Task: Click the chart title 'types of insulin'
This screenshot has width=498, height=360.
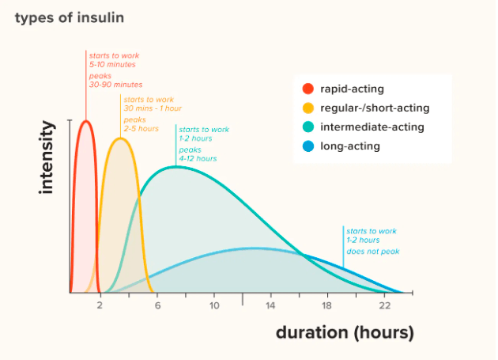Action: pyautogui.click(x=69, y=17)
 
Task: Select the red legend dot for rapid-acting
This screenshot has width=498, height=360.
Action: pyautogui.click(x=308, y=89)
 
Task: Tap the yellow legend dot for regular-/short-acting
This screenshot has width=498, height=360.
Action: pyautogui.click(x=308, y=108)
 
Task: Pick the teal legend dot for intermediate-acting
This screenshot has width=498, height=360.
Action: pyautogui.click(x=308, y=127)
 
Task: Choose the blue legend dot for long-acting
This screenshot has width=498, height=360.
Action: pyautogui.click(x=308, y=146)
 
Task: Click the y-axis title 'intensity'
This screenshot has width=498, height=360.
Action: pyautogui.click(x=47, y=157)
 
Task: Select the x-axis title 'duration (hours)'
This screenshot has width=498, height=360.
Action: pyautogui.click(x=344, y=332)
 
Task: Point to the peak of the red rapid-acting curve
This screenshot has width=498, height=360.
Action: pyautogui.click(x=85, y=121)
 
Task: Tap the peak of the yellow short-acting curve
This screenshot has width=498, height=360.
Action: pyautogui.click(x=120, y=138)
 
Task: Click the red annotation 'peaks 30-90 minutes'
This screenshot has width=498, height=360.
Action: pyautogui.click(x=115, y=80)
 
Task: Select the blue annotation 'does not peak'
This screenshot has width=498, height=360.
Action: pyautogui.click(x=373, y=252)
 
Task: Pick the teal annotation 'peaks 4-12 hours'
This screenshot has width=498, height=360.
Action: pyautogui.click(x=198, y=153)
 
